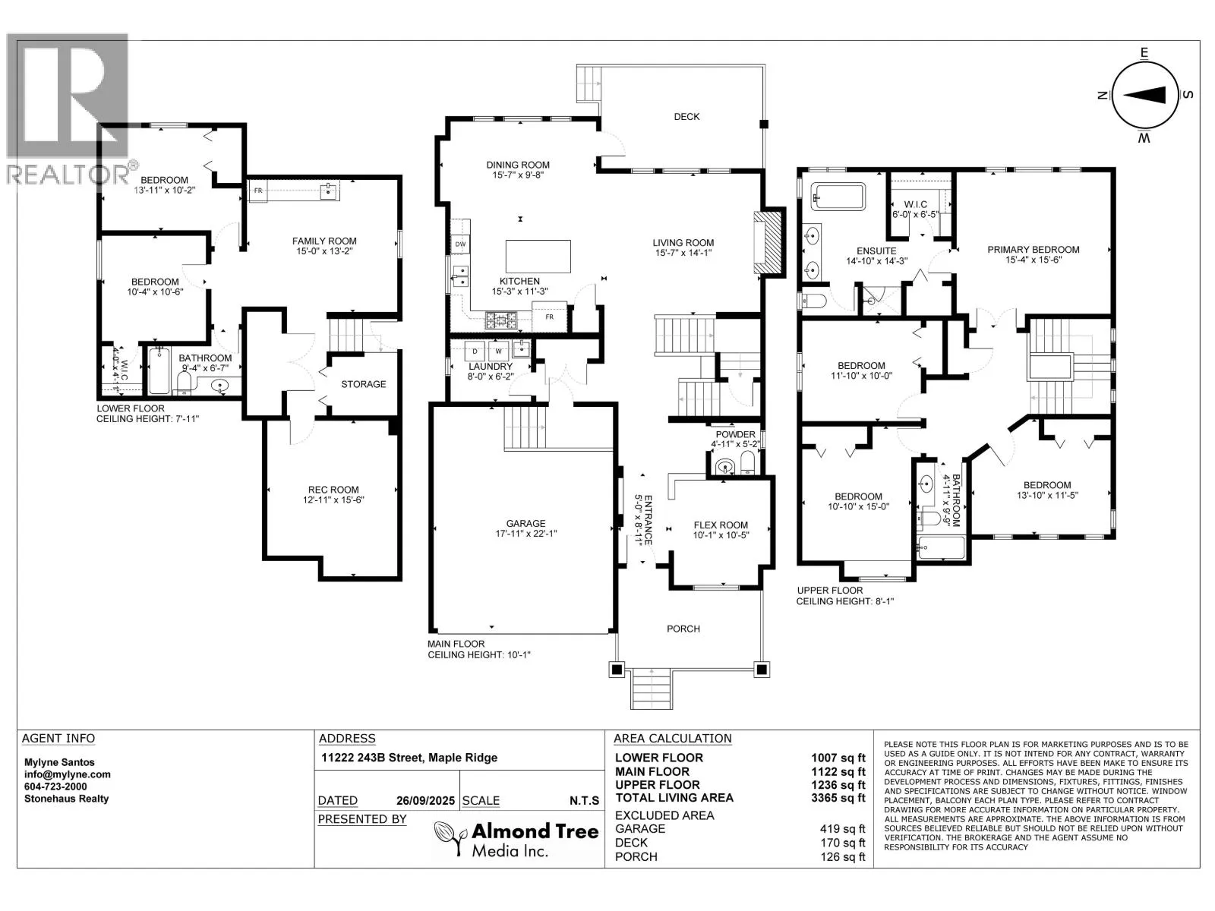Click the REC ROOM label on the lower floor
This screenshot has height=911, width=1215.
tap(333, 490)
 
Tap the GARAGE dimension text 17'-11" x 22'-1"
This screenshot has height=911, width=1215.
tap(525, 534)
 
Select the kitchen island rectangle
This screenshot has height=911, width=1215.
tap(538, 256)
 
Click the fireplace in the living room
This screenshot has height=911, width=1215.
tap(768, 242)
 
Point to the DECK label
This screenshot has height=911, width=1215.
tap(686, 117)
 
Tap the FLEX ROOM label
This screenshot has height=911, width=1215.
tap(721, 525)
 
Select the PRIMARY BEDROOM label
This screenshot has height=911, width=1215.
tap(1034, 250)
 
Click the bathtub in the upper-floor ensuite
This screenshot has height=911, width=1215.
tap(838, 197)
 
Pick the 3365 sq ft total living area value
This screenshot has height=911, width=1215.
tap(838, 798)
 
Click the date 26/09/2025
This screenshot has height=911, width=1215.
tap(425, 800)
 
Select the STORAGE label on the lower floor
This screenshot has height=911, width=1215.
tap(363, 384)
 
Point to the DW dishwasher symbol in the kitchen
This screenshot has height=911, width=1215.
tap(460, 244)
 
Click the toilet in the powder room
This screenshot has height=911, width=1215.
tap(748, 463)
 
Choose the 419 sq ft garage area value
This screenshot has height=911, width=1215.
tap(842, 828)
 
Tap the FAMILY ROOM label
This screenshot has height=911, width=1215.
tap(324, 241)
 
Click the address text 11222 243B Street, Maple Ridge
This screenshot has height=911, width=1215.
tap(409, 758)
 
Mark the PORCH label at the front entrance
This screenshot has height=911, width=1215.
tap(683, 629)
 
